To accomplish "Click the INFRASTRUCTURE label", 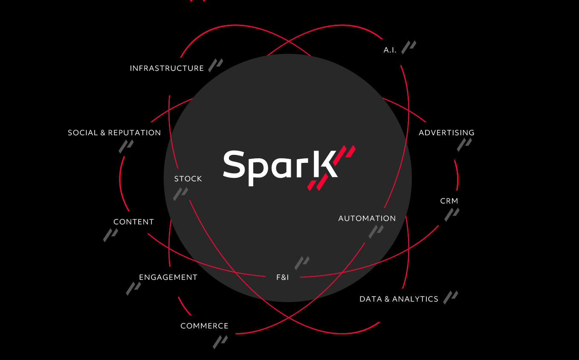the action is point(167,68).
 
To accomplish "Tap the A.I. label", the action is point(390,50).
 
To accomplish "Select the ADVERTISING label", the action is point(446,133).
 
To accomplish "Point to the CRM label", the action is point(449,201).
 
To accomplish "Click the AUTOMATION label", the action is point(367,218).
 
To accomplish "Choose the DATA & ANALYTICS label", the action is point(399,299).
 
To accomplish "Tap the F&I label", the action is point(283,277).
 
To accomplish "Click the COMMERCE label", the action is point(205,326).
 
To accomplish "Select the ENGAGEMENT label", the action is point(168,277).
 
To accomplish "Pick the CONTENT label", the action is point(133,222).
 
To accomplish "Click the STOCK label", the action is point(188,179).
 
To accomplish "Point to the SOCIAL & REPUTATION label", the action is point(114,133).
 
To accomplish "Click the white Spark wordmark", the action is point(280,168).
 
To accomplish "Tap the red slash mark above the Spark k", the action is point(345,155).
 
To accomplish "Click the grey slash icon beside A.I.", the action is point(408,47).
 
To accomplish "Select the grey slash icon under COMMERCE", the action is point(220,342).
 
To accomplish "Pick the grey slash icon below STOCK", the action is point(180,194).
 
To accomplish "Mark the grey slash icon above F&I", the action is point(302,263).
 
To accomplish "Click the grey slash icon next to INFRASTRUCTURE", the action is point(216,65).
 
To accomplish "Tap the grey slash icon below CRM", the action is point(452,215).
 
